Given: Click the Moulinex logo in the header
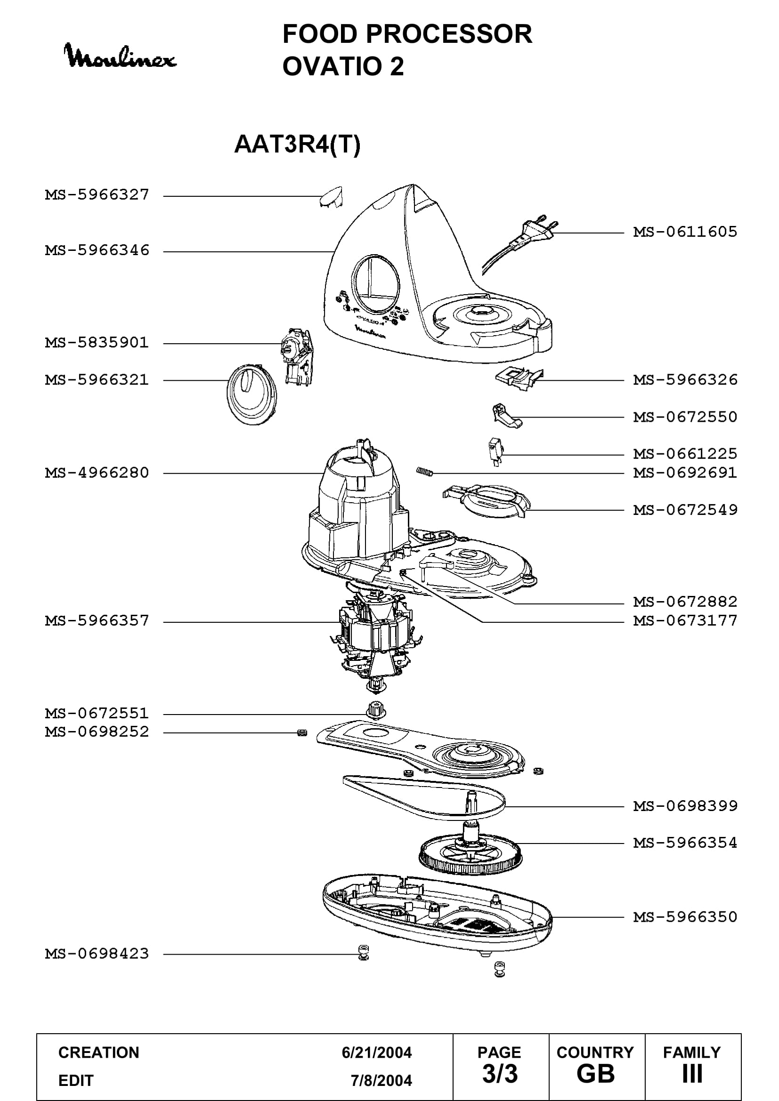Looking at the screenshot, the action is (x=121, y=56).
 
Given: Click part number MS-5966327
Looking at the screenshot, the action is (x=97, y=195).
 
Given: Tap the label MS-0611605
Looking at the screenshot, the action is (x=685, y=232).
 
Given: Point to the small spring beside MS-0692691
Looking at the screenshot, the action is (x=425, y=472).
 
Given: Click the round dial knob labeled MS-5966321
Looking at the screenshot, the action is (x=252, y=394).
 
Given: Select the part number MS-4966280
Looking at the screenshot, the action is (x=97, y=473).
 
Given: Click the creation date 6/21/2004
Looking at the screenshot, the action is (x=377, y=1053).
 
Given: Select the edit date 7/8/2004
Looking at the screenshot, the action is (x=381, y=1080).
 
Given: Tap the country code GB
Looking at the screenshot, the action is (x=596, y=1074).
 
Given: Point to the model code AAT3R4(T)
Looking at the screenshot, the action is (x=297, y=144).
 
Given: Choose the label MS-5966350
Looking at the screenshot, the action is (x=685, y=917).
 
